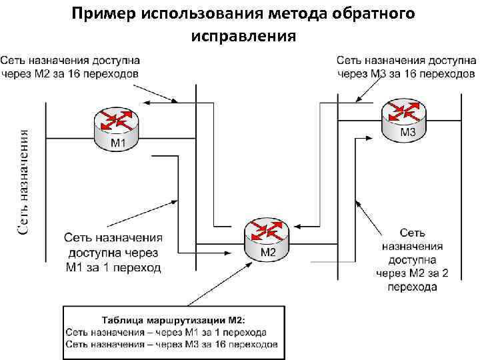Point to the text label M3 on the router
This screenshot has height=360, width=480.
point(408,133)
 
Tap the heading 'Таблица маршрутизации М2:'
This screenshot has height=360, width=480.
point(173,319)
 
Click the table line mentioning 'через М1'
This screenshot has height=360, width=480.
point(166,331)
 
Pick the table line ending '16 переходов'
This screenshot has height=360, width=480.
point(171,345)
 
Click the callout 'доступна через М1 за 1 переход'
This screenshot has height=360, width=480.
point(113,252)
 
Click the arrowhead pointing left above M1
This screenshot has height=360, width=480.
point(148,102)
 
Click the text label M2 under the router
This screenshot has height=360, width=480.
point(267,252)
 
